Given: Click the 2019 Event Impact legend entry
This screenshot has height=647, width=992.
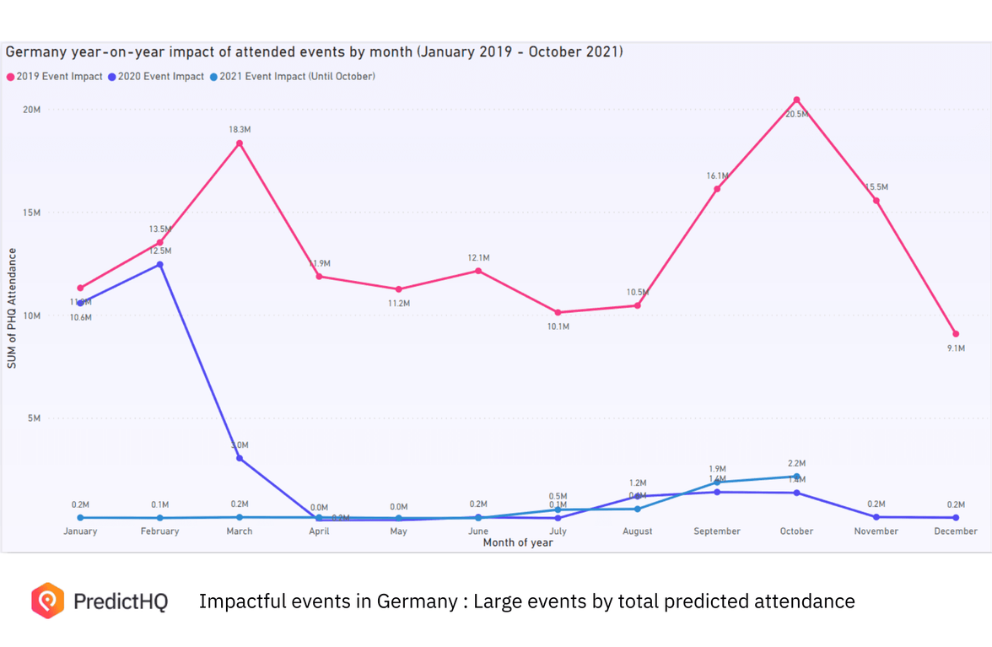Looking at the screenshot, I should pos(55,77).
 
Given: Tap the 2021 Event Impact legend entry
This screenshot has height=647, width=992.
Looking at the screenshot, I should pos(292,77).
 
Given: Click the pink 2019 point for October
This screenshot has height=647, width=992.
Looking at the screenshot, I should pos(796,100).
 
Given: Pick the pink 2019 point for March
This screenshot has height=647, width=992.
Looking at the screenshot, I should pos(240,143).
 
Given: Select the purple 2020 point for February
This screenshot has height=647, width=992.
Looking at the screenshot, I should pos(160,265).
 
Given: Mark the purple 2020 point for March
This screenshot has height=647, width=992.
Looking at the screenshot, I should pos(240,459).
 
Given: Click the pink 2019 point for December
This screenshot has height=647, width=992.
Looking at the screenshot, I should pos(956,334).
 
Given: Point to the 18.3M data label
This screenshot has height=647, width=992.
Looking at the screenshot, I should pos(240,130).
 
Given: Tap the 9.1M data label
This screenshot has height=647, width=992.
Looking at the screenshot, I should pos(956,348).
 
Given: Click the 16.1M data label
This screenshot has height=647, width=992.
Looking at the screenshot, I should pos(717,176).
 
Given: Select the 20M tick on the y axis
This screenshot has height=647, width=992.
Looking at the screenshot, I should pos(31,110).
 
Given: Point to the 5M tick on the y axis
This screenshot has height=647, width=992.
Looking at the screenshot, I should pos(34,418).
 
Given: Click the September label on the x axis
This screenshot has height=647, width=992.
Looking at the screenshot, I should pos(717,531).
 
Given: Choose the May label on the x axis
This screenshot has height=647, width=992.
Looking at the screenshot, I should pos(399,531).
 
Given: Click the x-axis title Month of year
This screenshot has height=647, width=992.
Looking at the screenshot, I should pos(518,542).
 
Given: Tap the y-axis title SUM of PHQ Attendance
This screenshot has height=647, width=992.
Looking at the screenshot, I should pos(12,308).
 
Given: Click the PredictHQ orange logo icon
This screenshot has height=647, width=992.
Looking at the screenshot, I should pos(48,601).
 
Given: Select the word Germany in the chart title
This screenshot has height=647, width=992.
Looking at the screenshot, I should pos(35,52).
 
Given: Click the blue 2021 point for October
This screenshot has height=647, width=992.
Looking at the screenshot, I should pos(796,477).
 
